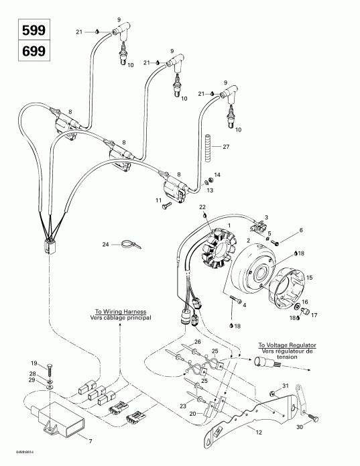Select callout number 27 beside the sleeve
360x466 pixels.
point(225,147)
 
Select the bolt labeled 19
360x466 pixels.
point(50,366)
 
